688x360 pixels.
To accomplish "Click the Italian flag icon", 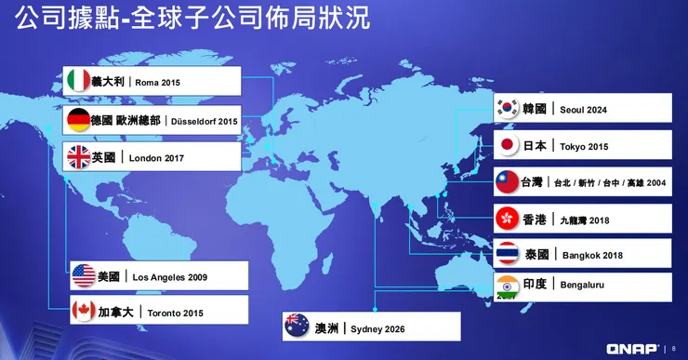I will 77,81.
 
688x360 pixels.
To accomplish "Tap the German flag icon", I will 78,120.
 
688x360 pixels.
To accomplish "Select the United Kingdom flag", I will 77,157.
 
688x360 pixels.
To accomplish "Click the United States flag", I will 84,276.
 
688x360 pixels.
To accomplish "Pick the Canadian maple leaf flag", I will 84,312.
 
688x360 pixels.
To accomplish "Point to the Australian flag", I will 298,327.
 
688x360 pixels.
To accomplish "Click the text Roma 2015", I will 157,82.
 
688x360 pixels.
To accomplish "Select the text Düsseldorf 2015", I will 204,121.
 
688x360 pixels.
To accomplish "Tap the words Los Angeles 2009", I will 170,277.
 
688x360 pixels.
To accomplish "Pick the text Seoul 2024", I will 584,110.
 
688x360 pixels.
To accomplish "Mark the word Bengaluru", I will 582,285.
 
